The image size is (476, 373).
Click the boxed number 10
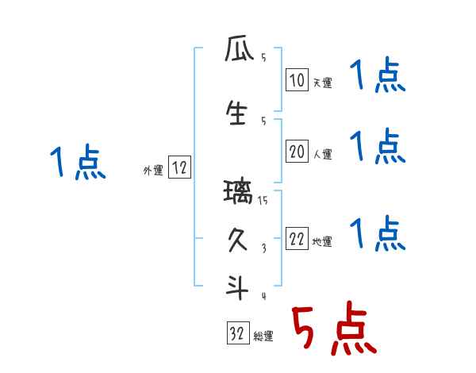(x=296, y=80)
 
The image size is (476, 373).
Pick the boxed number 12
(x=179, y=168)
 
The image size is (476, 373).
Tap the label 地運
(x=322, y=243)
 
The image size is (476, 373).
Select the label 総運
(x=263, y=336)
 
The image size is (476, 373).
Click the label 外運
(x=153, y=171)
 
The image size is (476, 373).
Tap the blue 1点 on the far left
(x=77, y=163)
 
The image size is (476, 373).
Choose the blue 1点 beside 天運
(x=378, y=77)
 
